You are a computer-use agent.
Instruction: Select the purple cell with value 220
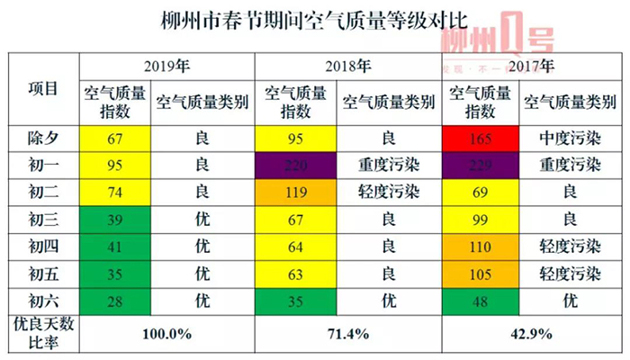(x=299, y=166)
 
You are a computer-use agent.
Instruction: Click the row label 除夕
(x=44, y=140)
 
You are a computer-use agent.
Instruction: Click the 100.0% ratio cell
(x=167, y=333)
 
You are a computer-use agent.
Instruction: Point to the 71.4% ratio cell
(x=347, y=333)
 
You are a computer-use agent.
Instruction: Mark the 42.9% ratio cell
(x=531, y=333)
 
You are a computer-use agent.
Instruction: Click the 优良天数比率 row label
(x=44, y=333)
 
